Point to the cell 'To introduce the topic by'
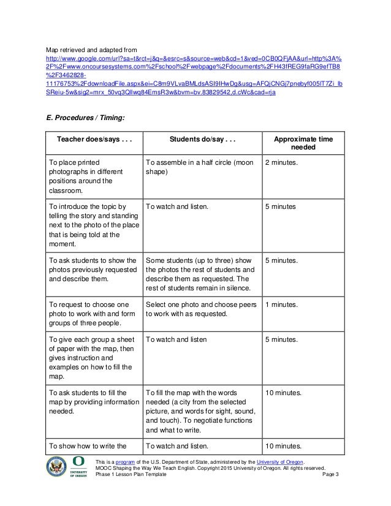[x=88, y=224]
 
